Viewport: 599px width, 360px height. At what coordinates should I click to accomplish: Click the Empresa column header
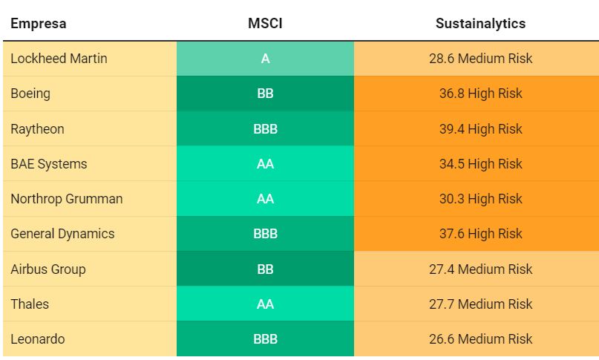38,24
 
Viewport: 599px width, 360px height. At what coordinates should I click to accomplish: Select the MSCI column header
265,24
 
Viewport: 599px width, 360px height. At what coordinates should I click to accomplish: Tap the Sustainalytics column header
480,24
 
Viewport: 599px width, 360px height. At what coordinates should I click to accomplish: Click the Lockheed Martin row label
59,59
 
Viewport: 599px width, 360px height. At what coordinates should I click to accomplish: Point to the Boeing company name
30,94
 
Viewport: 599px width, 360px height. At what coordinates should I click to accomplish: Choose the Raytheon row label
37,129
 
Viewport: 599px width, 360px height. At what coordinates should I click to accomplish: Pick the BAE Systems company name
49,164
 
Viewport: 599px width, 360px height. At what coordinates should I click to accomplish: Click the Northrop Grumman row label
67,199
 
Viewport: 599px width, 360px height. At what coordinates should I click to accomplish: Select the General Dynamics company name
62,234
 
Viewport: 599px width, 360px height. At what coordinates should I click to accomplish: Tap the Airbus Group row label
48,269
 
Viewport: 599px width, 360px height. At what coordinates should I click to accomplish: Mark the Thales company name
30,304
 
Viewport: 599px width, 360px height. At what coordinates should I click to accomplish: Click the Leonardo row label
37,339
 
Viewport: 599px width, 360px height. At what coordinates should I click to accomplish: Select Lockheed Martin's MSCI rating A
265,59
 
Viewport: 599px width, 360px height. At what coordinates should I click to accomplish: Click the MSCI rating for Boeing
265,94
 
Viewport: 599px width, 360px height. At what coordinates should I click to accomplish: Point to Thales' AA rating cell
265,304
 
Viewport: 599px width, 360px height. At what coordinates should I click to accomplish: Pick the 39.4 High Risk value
480,129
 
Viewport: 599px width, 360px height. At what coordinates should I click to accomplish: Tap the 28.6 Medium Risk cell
480,59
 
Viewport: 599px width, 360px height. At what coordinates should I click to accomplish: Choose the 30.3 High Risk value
480,199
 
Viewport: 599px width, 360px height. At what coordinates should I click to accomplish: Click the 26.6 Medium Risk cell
480,339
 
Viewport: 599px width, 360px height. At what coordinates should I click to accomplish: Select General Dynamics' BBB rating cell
265,234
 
